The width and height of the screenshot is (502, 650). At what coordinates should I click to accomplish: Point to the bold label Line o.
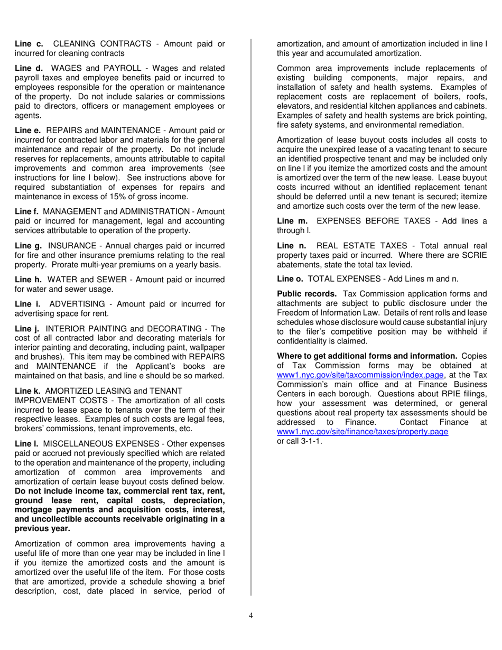290,278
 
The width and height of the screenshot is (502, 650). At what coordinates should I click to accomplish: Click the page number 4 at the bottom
251,615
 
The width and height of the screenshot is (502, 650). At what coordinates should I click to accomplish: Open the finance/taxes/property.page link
362,432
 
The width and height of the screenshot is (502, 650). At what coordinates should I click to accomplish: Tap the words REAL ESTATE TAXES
362,246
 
